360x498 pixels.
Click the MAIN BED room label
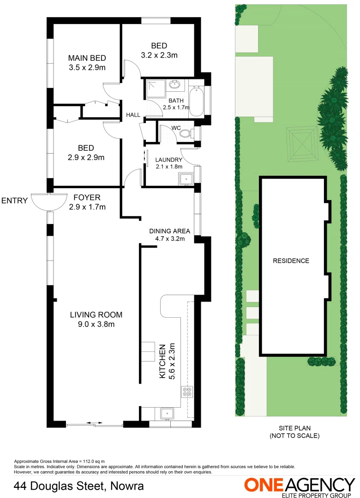click(x=87, y=58)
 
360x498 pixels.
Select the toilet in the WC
click(x=186, y=133)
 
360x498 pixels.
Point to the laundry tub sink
click(x=186, y=178)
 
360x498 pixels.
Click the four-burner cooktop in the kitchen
click(x=187, y=391)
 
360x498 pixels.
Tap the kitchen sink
click(x=167, y=413)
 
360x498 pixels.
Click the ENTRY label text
click(x=15, y=201)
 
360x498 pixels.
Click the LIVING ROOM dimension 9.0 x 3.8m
click(x=96, y=324)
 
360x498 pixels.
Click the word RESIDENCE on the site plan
click(x=291, y=261)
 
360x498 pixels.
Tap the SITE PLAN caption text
click(x=294, y=428)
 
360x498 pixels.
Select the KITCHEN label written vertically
click(x=162, y=362)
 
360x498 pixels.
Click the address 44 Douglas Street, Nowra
click(x=78, y=486)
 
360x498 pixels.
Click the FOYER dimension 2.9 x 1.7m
click(x=87, y=207)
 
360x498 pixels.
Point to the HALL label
click(x=133, y=115)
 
